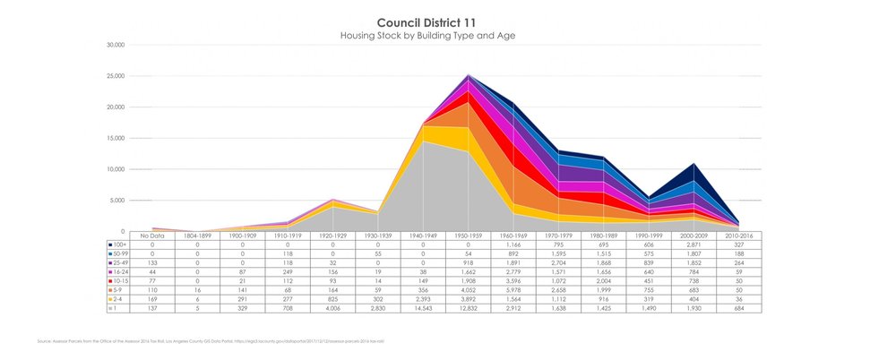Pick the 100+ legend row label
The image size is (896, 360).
coord(117,244)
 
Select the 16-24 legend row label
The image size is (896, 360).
coord(117,271)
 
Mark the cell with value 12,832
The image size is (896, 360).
coord(466,308)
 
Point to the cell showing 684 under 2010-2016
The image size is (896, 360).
coord(738,308)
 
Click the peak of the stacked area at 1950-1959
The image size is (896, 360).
coord(468,76)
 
